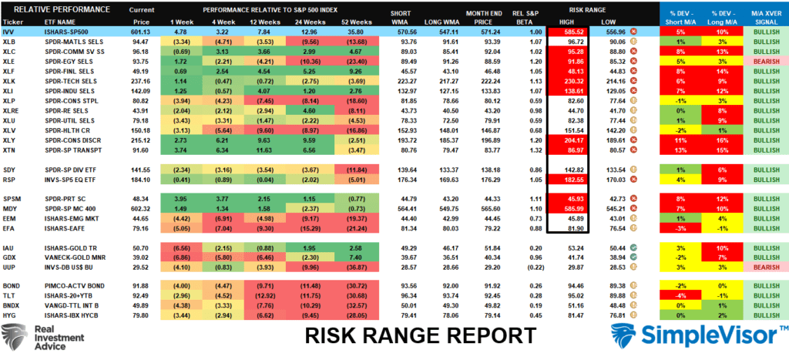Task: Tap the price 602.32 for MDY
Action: [140, 208]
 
